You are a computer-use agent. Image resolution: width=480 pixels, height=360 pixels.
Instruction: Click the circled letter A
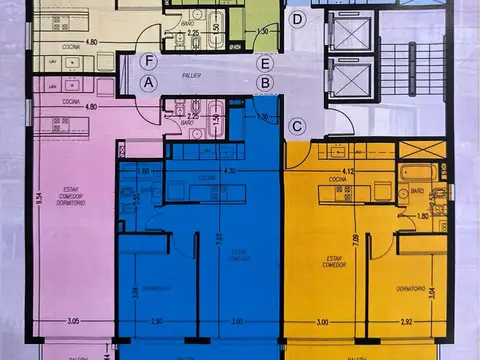[x=149, y=82]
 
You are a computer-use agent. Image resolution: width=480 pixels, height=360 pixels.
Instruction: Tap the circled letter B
[x=264, y=83]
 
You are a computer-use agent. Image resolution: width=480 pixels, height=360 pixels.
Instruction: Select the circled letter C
[x=298, y=127]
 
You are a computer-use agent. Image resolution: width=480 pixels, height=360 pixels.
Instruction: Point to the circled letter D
[x=298, y=20]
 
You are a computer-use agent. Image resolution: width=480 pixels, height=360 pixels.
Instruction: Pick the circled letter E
[x=264, y=64]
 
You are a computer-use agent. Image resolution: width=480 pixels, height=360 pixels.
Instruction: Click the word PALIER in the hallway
[x=206, y=73]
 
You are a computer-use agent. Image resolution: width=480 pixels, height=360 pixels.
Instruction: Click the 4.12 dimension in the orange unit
[x=350, y=172]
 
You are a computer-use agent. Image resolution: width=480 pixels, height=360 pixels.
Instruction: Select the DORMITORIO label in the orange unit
[x=411, y=288]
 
